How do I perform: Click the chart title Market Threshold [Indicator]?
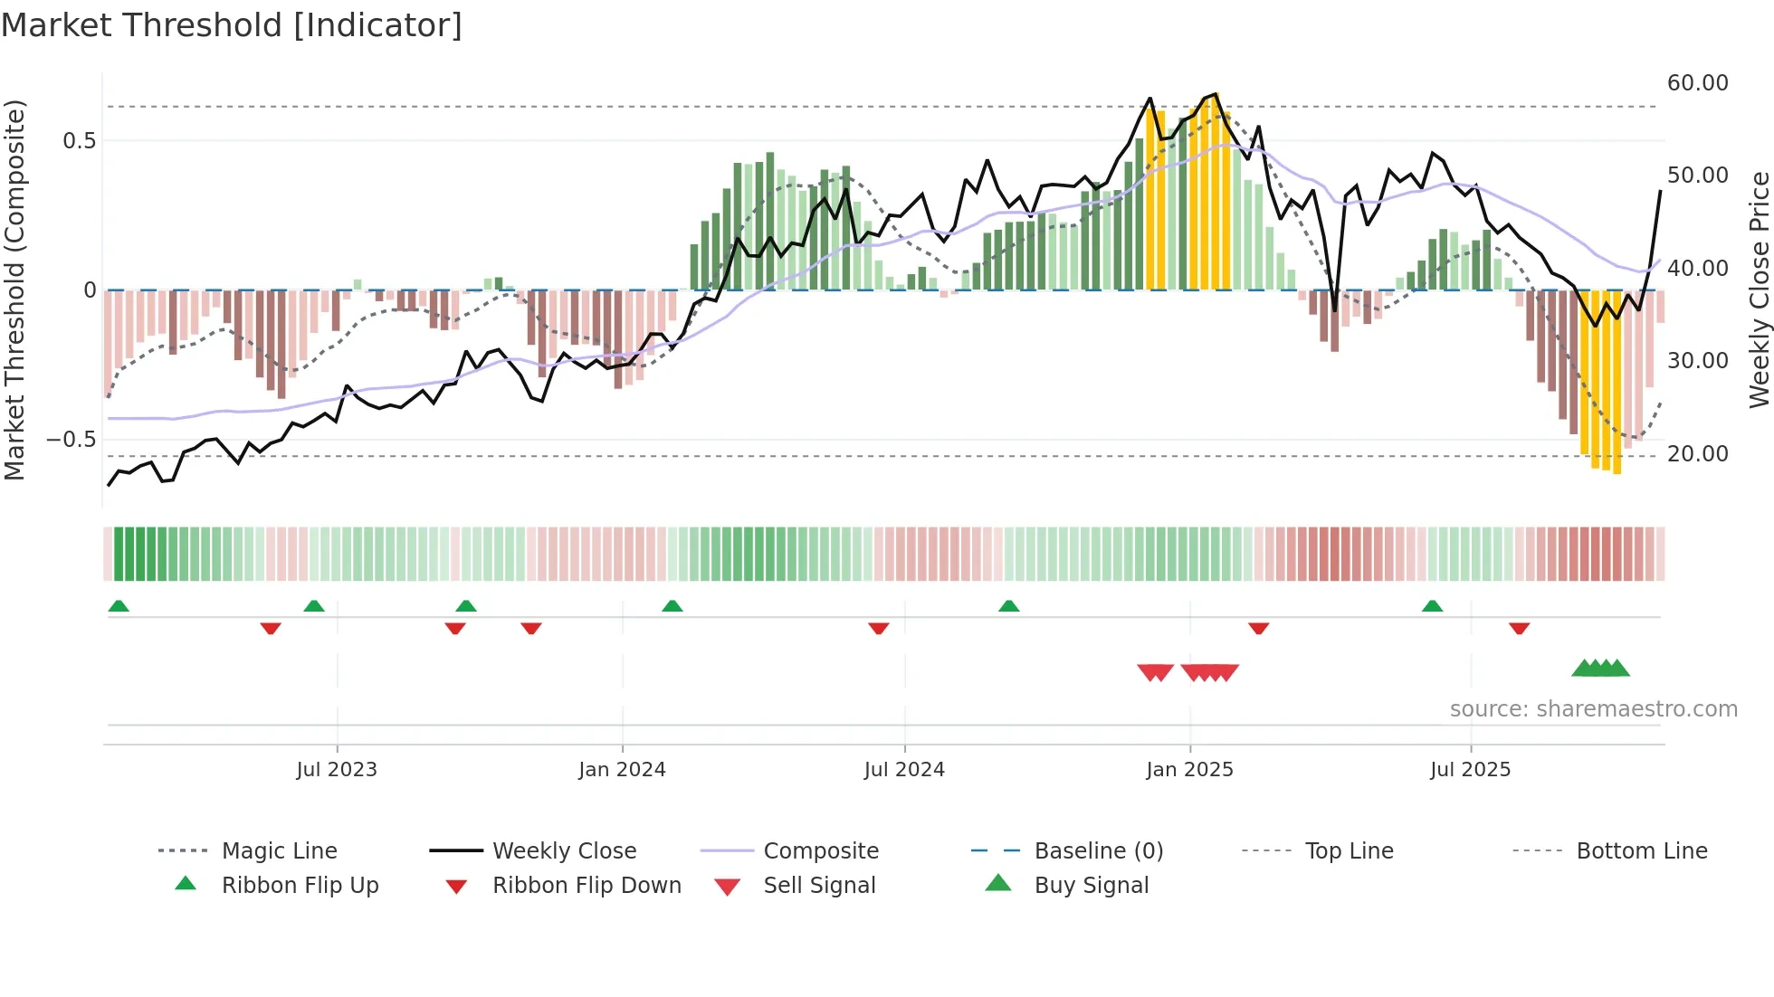(x=232, y=25)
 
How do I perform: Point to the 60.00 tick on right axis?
(x=1697, y=83)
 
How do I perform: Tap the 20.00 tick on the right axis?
(x=1697, y=454)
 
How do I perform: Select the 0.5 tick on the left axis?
(x=79, y=141)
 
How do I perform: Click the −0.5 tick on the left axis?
(x=72, y=440)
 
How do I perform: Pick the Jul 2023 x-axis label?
(x=337, y=770)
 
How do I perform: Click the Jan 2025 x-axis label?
(x=1189, y=770)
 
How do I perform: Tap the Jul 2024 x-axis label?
(x=904, y=770)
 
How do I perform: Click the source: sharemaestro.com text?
(x=1593, y=709)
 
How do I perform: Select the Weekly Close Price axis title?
(x=1759, y=290)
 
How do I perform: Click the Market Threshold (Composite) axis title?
(x=14, y=290)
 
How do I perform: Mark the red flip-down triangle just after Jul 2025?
(x=1519, y=628)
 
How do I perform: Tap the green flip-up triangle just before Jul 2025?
(x=1432, y=606)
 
